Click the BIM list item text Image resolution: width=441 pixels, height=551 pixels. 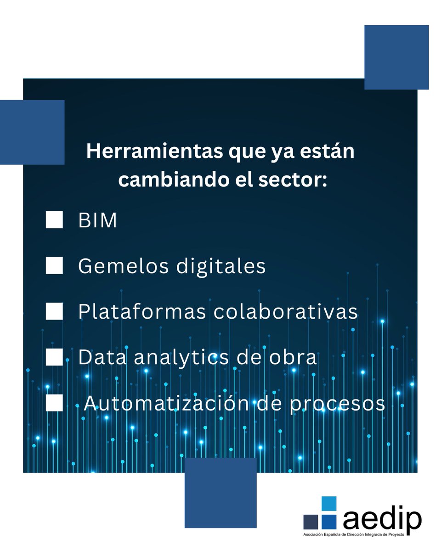[97, 221]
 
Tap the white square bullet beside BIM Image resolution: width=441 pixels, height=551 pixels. [54, 221]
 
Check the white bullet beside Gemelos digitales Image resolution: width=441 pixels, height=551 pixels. [54, 266]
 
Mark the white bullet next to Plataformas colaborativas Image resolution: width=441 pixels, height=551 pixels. [54, 312]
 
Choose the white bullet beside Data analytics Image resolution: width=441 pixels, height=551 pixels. [54, 357]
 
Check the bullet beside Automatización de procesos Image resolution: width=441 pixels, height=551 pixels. [54, 403]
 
